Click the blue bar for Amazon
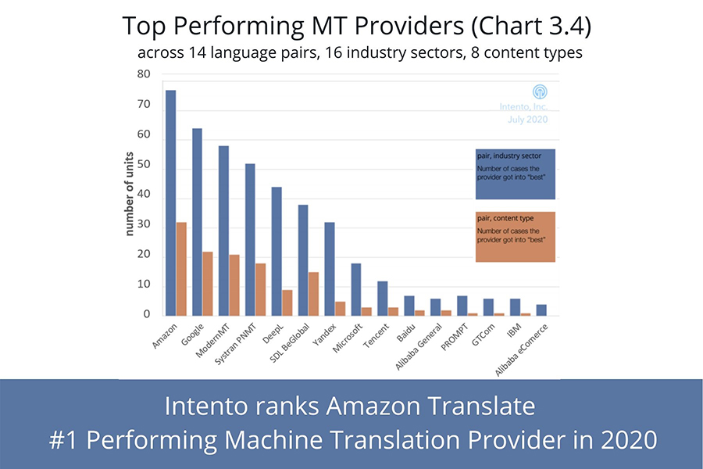(x=170, y=203)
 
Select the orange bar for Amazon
(x=181, y=270)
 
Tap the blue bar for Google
(x=197, y=222)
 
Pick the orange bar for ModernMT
(x=234, y=285)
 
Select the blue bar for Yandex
(x=330, y=269)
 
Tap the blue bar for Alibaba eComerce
(x=542, y=310)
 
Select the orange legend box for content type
(x=515, y=236)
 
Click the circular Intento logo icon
(x=539, y=92)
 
